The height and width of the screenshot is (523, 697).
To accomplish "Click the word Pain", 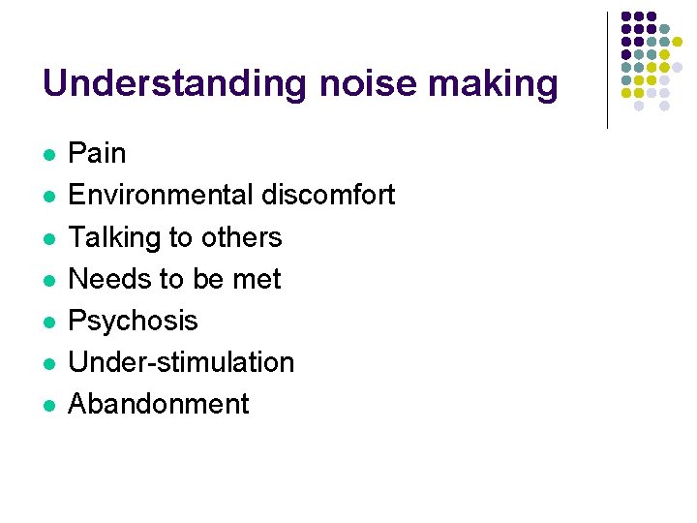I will coord(97,153).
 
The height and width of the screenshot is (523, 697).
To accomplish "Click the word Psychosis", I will coord(133,321).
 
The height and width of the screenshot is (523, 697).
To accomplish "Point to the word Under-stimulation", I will coord(181,362).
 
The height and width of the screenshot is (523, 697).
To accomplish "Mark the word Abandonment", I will coord(159,404).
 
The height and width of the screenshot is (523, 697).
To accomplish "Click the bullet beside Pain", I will coord(48,155).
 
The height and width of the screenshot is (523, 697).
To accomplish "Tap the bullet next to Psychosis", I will coord(48,322).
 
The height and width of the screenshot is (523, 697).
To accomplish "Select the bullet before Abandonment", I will coord(48,405).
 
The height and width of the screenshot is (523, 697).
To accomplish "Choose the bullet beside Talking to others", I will coord(48,238).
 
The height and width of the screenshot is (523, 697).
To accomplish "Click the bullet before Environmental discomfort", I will coord(48,197).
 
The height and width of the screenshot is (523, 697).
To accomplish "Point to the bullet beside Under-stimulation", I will coord(48,363).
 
